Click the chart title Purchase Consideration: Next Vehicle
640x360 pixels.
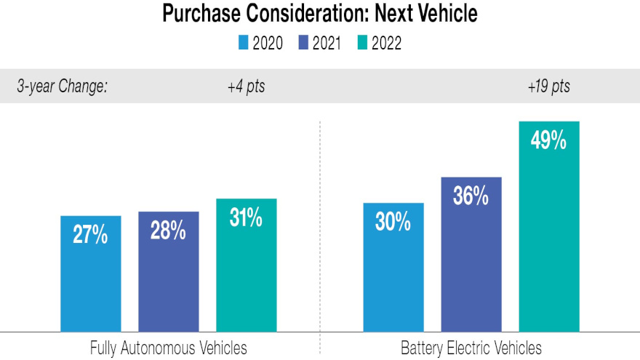(x=319, y=13)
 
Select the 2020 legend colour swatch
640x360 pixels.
(x=244, y=44)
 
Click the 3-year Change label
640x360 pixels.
(x=62, y=87)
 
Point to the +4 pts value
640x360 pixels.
(x=246, y=87)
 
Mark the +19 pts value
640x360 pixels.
(x=548, y=87)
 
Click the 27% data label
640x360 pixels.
(x=90, y=236)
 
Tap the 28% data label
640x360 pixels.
(x=168, y=232)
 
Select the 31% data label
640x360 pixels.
(x=246, y=218)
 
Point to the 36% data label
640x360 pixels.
(x=471, y=196)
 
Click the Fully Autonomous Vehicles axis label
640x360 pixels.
(x=168, y=348)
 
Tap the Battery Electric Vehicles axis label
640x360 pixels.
(x=471, y=348)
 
